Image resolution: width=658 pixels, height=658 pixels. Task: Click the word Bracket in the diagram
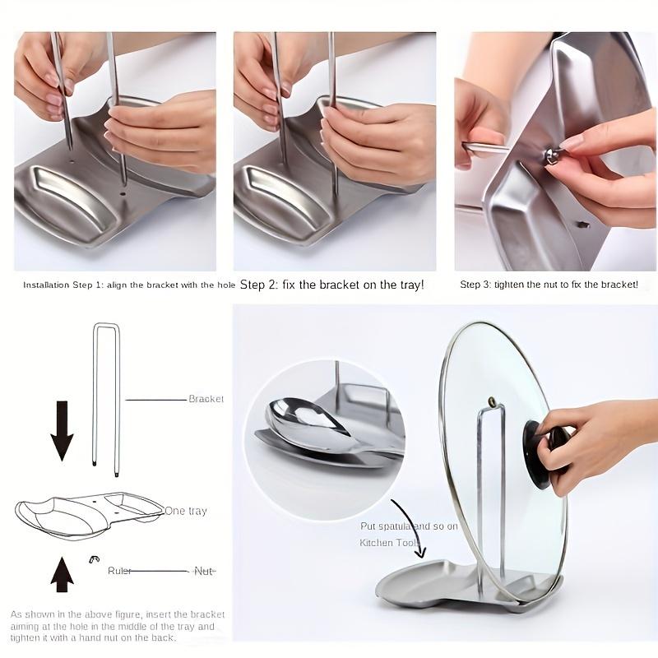pyautogui.click(x=206, y=399)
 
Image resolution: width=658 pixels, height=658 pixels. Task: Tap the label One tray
pyautogui.click(x=186, y=511)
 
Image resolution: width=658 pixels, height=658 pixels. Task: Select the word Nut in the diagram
pyautogui.click(x=203, y=570)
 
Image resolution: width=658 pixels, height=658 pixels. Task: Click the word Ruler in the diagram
pyautogui.click(x=119, y=570)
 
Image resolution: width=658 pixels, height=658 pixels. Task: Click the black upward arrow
pyautogui.click(x=62, y=573)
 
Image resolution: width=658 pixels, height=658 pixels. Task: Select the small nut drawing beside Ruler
pyautogui.click(x=94, y=559)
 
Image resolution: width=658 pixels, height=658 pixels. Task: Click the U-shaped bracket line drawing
pyautogui.click(x=105, y=395)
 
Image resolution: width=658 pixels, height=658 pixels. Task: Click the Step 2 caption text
pyautogui.click(x=331, y=285)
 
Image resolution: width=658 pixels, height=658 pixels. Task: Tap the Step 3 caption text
pyautogui.click(x=549, y=285)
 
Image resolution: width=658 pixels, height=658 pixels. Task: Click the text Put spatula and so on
pyautogui.click(x=409, y=526)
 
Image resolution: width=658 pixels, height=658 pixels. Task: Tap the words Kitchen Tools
pyautogui.click(x=389, y=543)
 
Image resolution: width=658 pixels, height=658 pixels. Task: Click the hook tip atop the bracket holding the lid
pyautogui.click(x=493, y=403)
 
